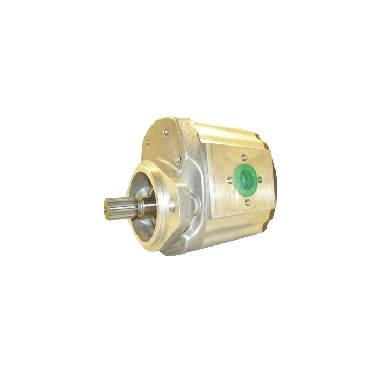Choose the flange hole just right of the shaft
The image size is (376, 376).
[171, 204]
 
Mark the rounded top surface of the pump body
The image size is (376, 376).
[226, 129]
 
